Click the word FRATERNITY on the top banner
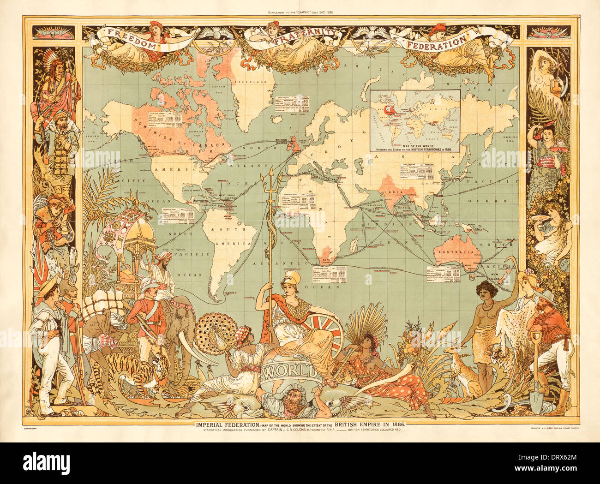[x=300, y=36]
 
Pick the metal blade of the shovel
[x=536, y=400]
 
